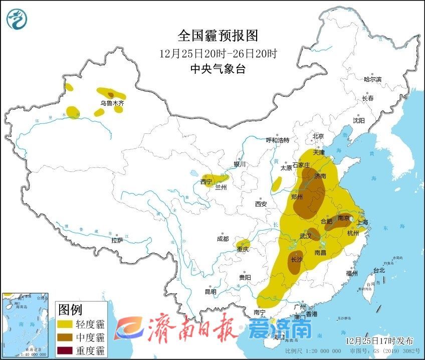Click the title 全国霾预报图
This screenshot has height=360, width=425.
pos(218,36)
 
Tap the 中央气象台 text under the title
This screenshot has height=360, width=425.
pos(218,69)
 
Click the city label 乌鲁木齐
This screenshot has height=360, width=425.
pos(111,103)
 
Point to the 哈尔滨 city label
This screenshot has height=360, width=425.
pos(372,79)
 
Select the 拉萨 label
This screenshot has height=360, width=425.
pos(117,241)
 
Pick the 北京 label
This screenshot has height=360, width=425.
pos(318,136)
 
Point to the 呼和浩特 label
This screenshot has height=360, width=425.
pos(277,140)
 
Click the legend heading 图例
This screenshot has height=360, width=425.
pos(70,308)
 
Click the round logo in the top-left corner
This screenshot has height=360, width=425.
pos(18,20)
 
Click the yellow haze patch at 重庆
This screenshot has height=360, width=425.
pos(243,244)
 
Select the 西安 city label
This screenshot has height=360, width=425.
pos(261,204)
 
